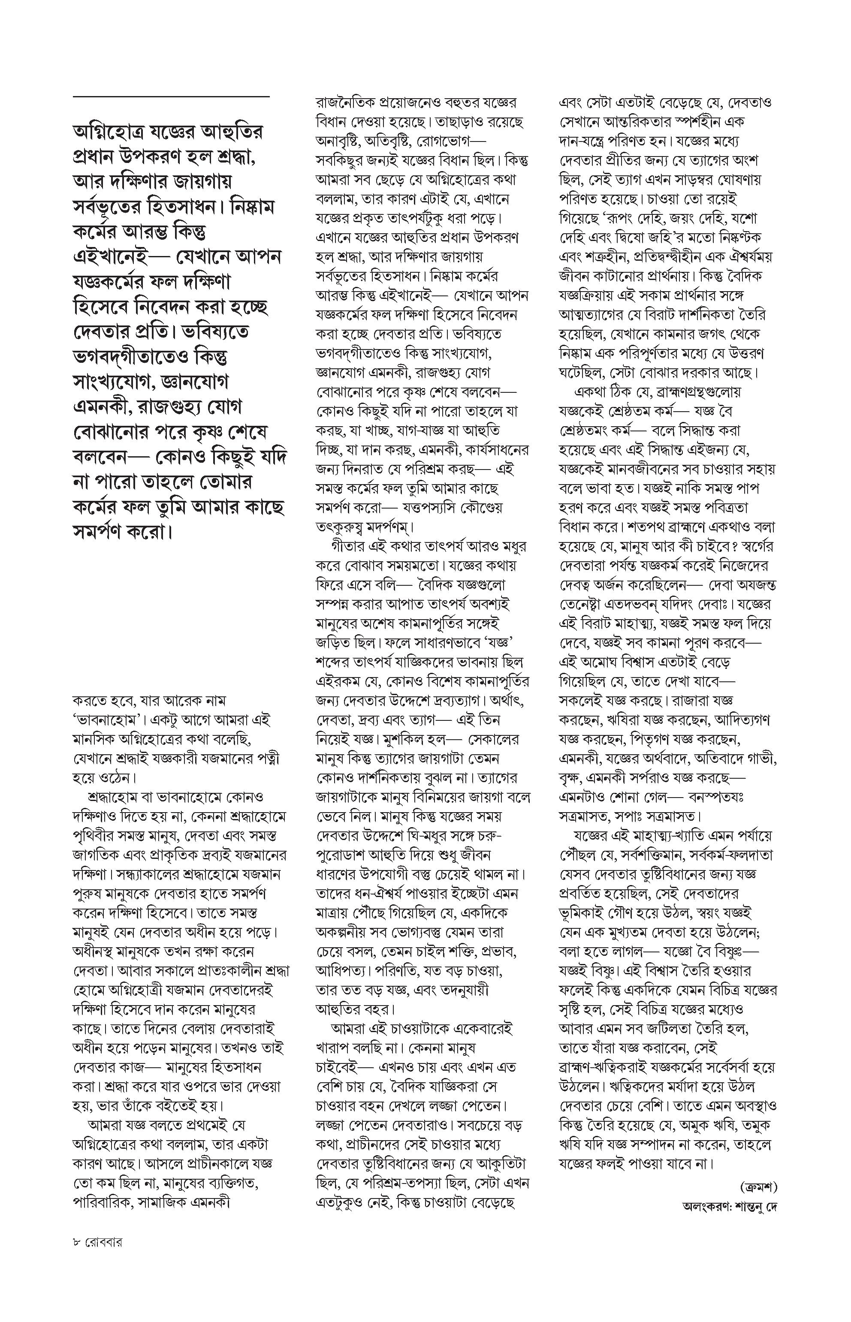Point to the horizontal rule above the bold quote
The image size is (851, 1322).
tap(171, 97)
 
